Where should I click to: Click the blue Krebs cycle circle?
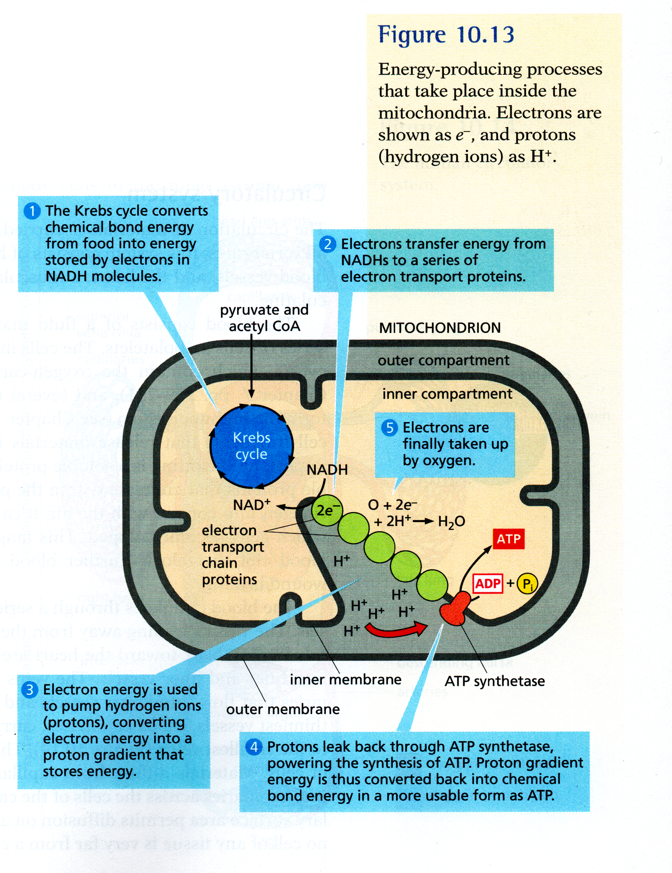[x=251, y=446]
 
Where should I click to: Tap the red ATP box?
[x=508, y=539]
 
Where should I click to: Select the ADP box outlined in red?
[x=488, y=584]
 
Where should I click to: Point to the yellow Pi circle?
[x=527, y=584]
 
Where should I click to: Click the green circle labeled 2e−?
[x=327, y=510]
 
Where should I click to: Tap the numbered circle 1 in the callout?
[x=32, y=211]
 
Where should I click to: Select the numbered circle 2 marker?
[x=328, y=244]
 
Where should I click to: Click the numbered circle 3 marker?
[x=30, y=690]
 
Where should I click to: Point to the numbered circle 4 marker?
[x=254, y=747]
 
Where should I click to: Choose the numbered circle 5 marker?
[x=390, y=428]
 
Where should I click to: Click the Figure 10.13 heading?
[x=446, y=35]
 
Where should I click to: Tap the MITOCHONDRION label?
[x=440, y=328]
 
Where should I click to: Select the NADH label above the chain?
[x=327, y=470]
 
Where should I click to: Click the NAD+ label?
[x=251, y=505]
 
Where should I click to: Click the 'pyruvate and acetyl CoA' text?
[x=264, y=318]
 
